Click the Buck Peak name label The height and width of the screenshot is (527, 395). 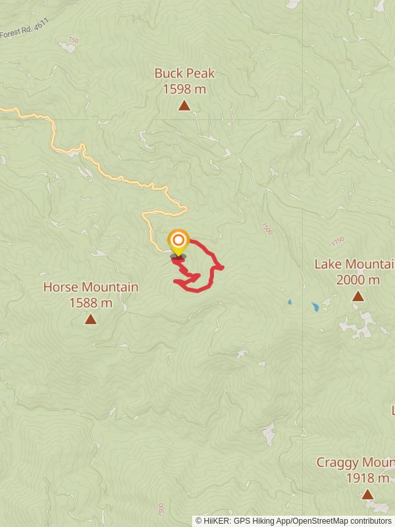click(184, 74)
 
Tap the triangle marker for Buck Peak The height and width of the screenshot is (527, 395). click(184, 105)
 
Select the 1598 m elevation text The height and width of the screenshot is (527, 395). click(184, 88)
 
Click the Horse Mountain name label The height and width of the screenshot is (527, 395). click(91, 287)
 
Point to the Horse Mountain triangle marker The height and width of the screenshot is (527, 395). click(90, 319)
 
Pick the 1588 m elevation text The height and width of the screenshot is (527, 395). click(91, 303)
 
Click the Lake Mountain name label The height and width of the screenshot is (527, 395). click(354, 264)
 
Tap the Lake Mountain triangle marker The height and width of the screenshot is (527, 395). click(357, 296)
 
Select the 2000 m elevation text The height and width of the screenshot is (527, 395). click(358, 280)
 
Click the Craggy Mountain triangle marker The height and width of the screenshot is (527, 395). click(367, 494)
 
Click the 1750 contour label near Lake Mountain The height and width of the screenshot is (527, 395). click(338, 242)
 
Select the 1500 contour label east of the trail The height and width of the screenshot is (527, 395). click(266, 228)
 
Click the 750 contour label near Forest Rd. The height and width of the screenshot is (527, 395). click(72, 41)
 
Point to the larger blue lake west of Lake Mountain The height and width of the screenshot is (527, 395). click(315, 306)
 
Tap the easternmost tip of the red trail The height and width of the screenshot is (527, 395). click(223, 267)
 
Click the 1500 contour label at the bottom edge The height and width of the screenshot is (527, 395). click(161, 509)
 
